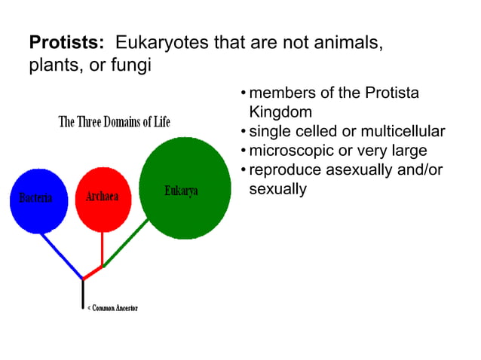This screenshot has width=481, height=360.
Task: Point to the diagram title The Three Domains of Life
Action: [115, 121]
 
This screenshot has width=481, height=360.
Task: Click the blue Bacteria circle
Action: [38, 200]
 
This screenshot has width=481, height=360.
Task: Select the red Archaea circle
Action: [103, 196]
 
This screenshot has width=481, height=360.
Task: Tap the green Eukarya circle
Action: [185, 188]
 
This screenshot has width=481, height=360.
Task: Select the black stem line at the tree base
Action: [83, 294]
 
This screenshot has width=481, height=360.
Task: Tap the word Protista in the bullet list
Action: [391, 93]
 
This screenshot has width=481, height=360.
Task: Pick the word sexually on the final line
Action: [277, 188]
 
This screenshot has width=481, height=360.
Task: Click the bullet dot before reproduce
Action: [243, 170]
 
